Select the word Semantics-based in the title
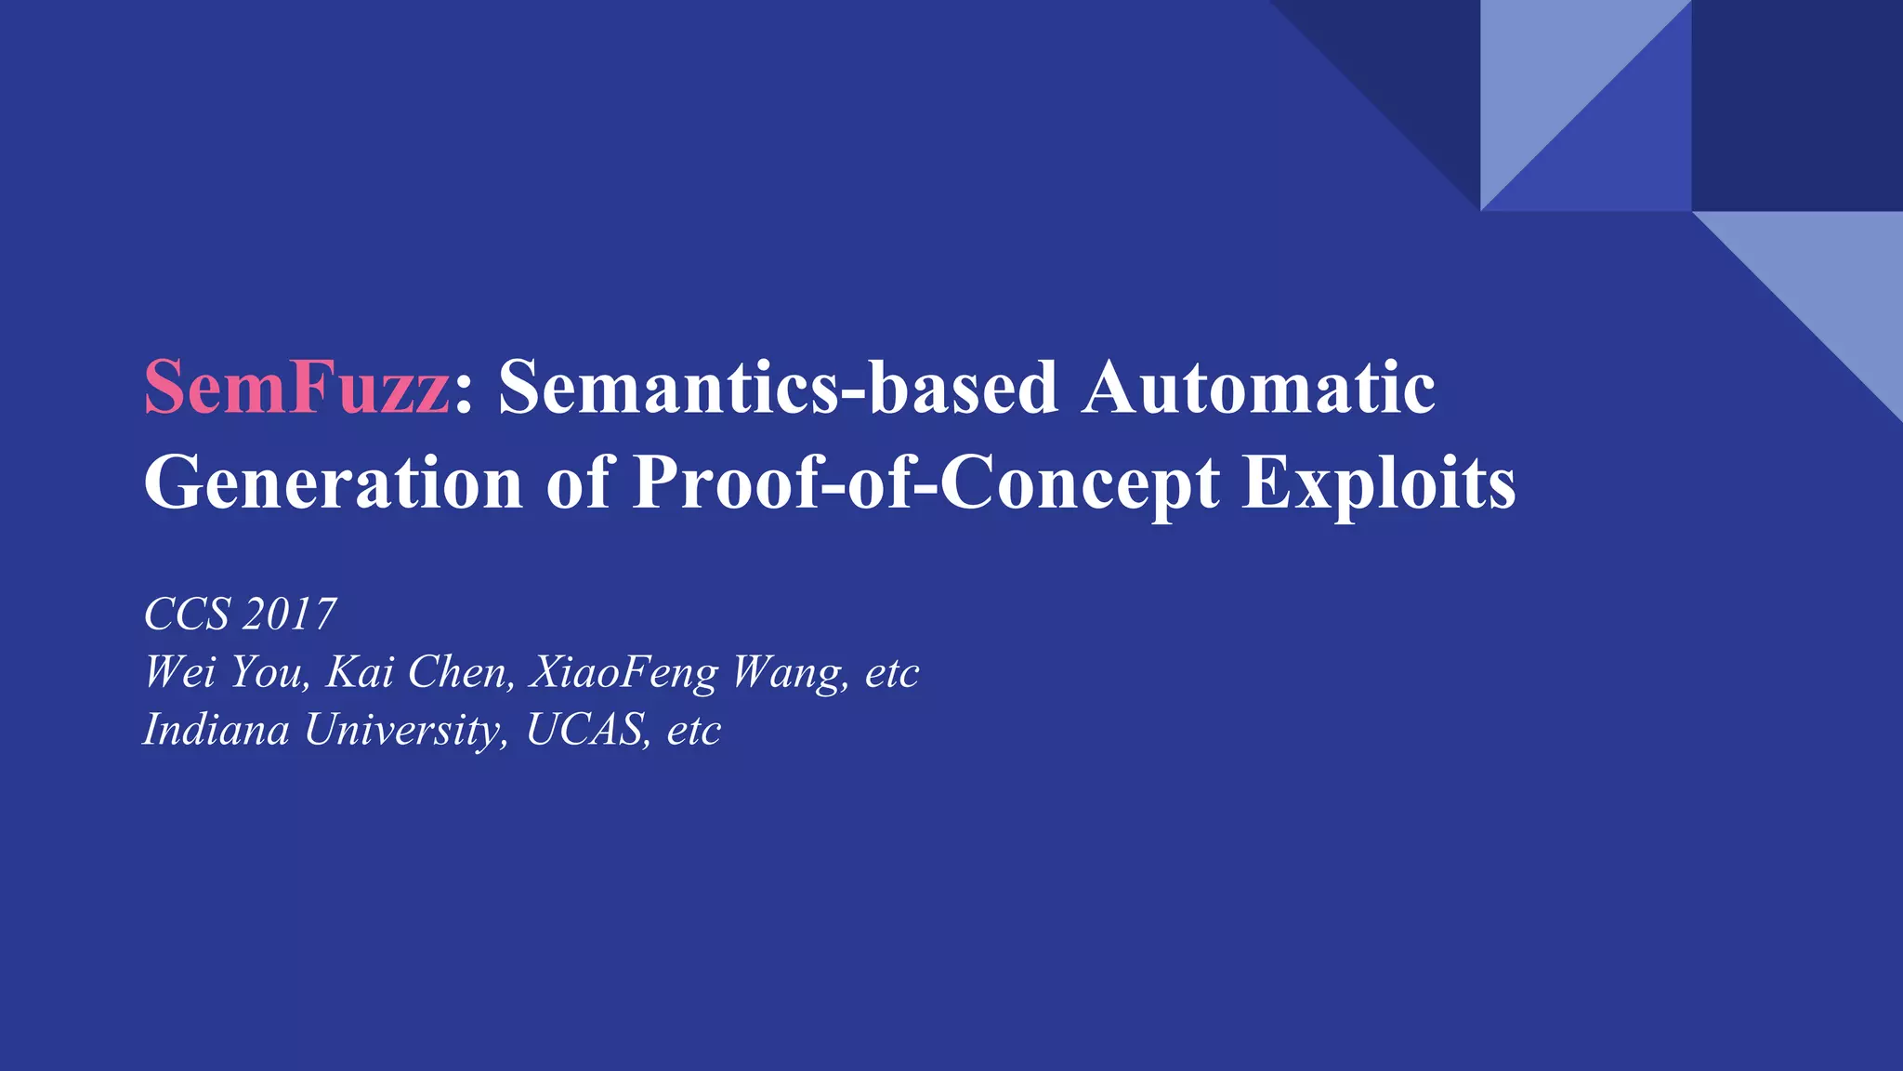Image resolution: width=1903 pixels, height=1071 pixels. coord(778,387)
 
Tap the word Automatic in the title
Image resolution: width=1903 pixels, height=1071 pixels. coord(1258,387)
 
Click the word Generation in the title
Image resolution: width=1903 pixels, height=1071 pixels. coord(334,483)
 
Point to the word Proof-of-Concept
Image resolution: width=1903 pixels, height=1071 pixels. coord(925,483)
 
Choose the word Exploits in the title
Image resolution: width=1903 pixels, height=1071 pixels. coord(1379,483)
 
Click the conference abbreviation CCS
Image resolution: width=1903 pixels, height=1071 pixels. coord(187,615)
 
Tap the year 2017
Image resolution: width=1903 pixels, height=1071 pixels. coord(289,615)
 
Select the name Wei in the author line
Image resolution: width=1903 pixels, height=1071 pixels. coord(179,672)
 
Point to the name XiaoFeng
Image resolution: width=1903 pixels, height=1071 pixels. coord(623,672)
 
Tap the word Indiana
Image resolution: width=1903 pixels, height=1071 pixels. coord(217,730)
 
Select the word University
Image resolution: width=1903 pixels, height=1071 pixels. coord(406,730)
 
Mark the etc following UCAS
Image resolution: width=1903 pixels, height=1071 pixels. coord(694,730)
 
